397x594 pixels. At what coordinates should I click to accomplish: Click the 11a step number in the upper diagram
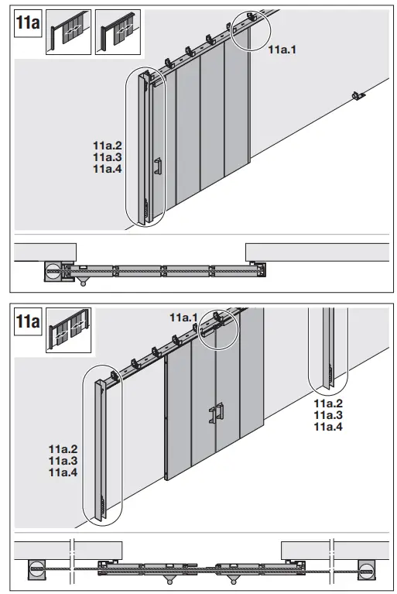click(x=28, y=21)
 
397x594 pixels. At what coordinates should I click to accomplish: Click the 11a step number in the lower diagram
click(x=28, y=321)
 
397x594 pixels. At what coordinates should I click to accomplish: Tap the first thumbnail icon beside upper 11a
click(x=68, y=32)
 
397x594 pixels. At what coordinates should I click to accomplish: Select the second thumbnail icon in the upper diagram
click(x=118, y=32)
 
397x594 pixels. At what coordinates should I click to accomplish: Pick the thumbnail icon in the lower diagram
click(x=69, y=329)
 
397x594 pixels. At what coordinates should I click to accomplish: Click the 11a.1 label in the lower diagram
click(x=184, y=317)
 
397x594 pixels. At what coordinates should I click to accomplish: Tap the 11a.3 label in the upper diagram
click(x=108, y=156)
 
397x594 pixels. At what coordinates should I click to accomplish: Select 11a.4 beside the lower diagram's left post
click(x=63, y=472)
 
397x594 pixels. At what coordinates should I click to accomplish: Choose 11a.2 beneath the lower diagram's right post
click(x=328, y=403)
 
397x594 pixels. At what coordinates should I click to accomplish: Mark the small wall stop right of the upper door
click(x=356, y=95)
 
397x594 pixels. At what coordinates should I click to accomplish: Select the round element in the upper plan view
click(x=53, y=272)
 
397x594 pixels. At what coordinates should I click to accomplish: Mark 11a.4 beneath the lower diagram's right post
click(x=328, y=426)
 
